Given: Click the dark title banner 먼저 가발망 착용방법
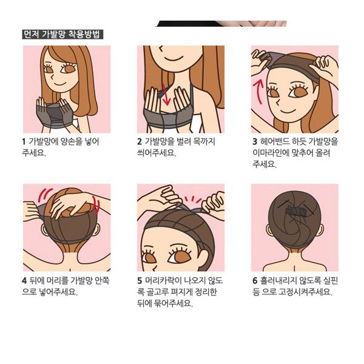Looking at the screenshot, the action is pos(62,35).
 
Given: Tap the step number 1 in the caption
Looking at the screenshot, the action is pos(24,141).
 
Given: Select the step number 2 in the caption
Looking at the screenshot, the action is pos(140,141).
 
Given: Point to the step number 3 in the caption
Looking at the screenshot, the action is pos(255,141).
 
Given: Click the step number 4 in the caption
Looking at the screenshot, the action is pos(24,281).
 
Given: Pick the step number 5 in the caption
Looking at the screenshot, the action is pos(140,281).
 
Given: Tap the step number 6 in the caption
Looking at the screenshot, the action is pos(255,281).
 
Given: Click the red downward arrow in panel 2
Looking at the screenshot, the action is pos(166,95).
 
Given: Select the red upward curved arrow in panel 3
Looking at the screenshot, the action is pos(259,91).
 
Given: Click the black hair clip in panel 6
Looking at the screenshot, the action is pos(295,211).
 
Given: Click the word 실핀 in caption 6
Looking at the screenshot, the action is pos(330,280).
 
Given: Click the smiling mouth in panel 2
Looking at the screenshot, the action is pos(171,57).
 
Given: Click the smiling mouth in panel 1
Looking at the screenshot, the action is pos(58,83).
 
